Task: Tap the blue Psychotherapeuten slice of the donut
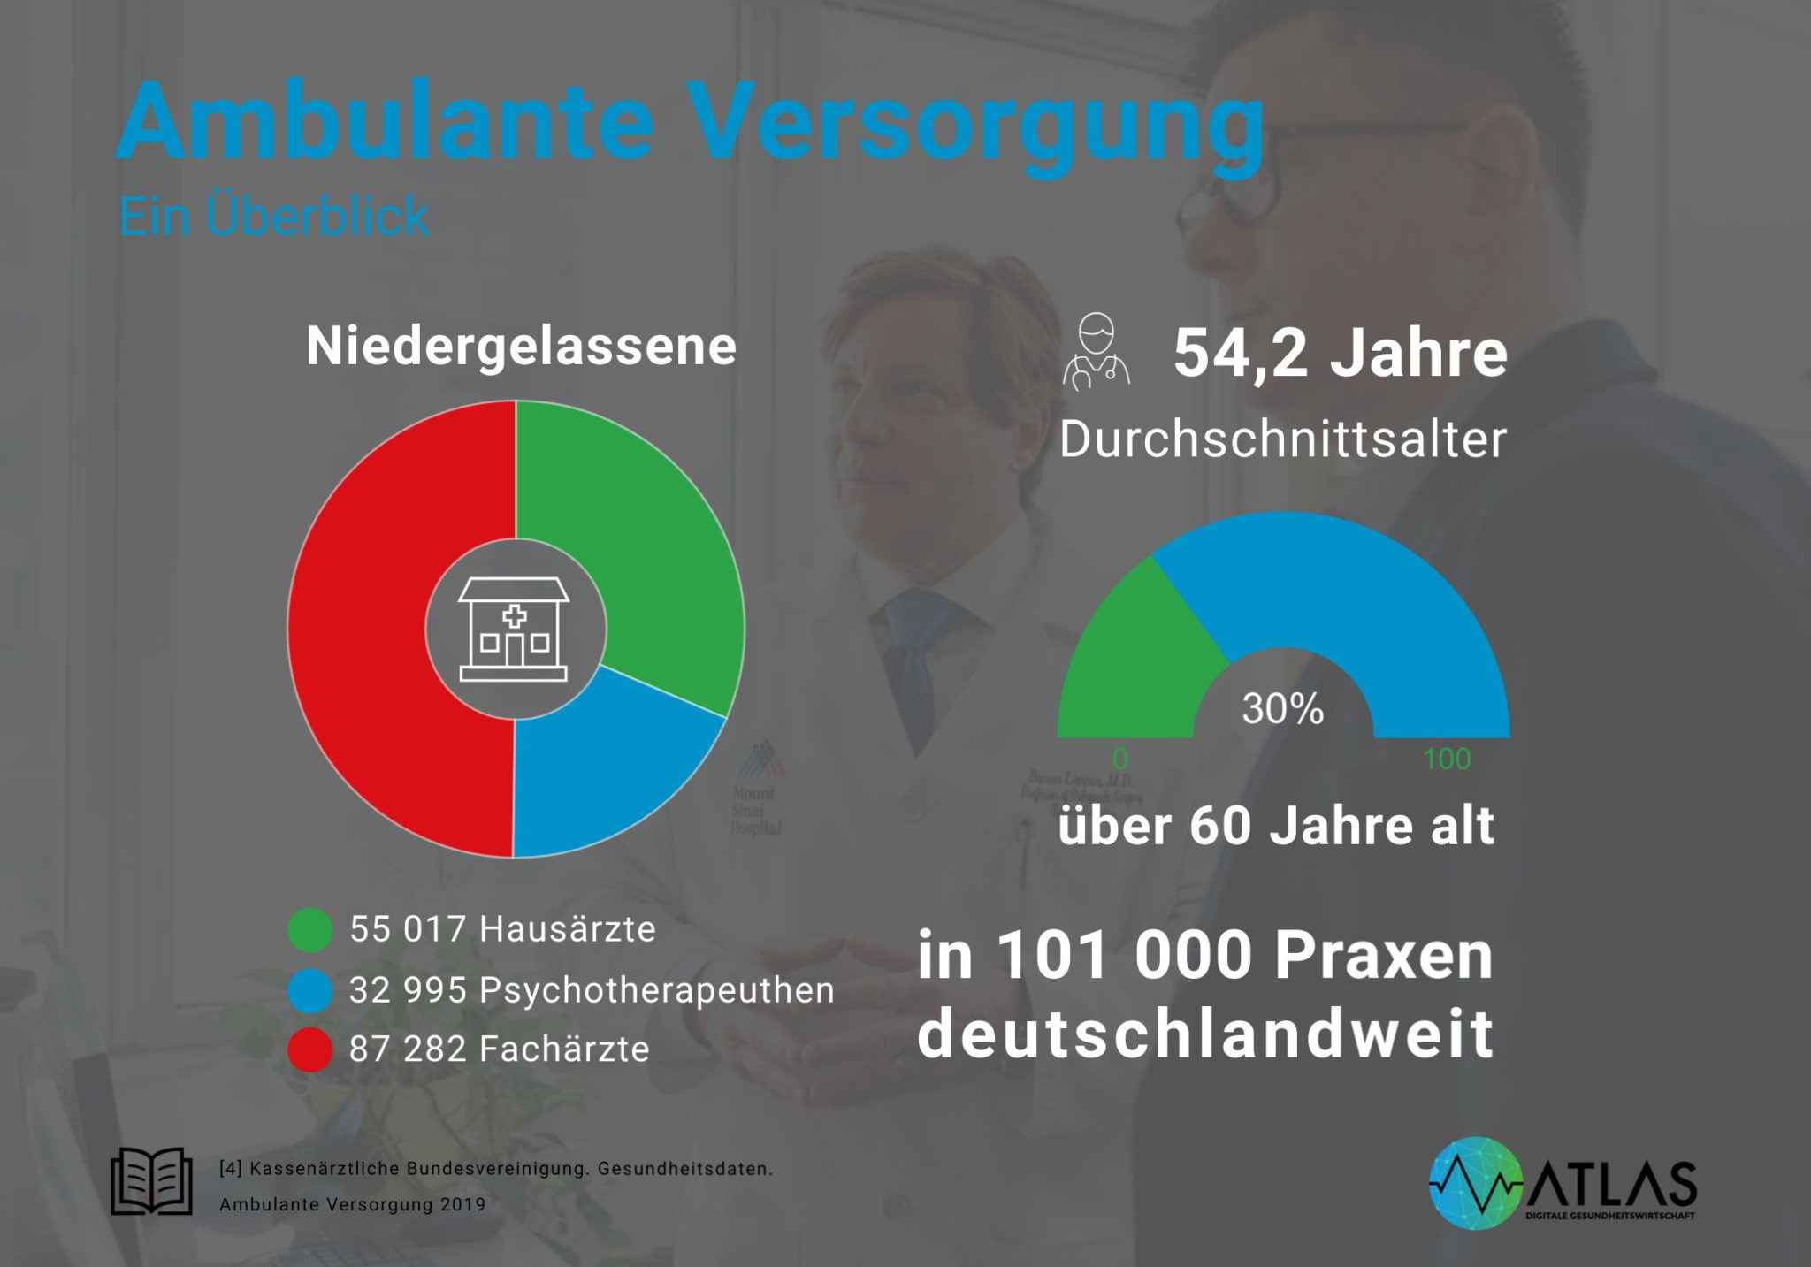601,778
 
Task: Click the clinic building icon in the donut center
514,630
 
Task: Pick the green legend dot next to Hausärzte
310,929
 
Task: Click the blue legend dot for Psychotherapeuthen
310,990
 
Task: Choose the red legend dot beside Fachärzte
310,1049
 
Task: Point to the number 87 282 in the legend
408,1049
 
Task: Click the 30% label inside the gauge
1283,709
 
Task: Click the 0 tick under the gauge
1120,759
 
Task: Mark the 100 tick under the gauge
1447,759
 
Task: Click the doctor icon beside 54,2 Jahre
1097,352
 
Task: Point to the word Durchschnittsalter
1283,439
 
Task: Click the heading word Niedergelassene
521,346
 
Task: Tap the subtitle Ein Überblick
274,217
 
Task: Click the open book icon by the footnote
151,1180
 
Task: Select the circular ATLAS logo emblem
1476,1183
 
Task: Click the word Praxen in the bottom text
1384,957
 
